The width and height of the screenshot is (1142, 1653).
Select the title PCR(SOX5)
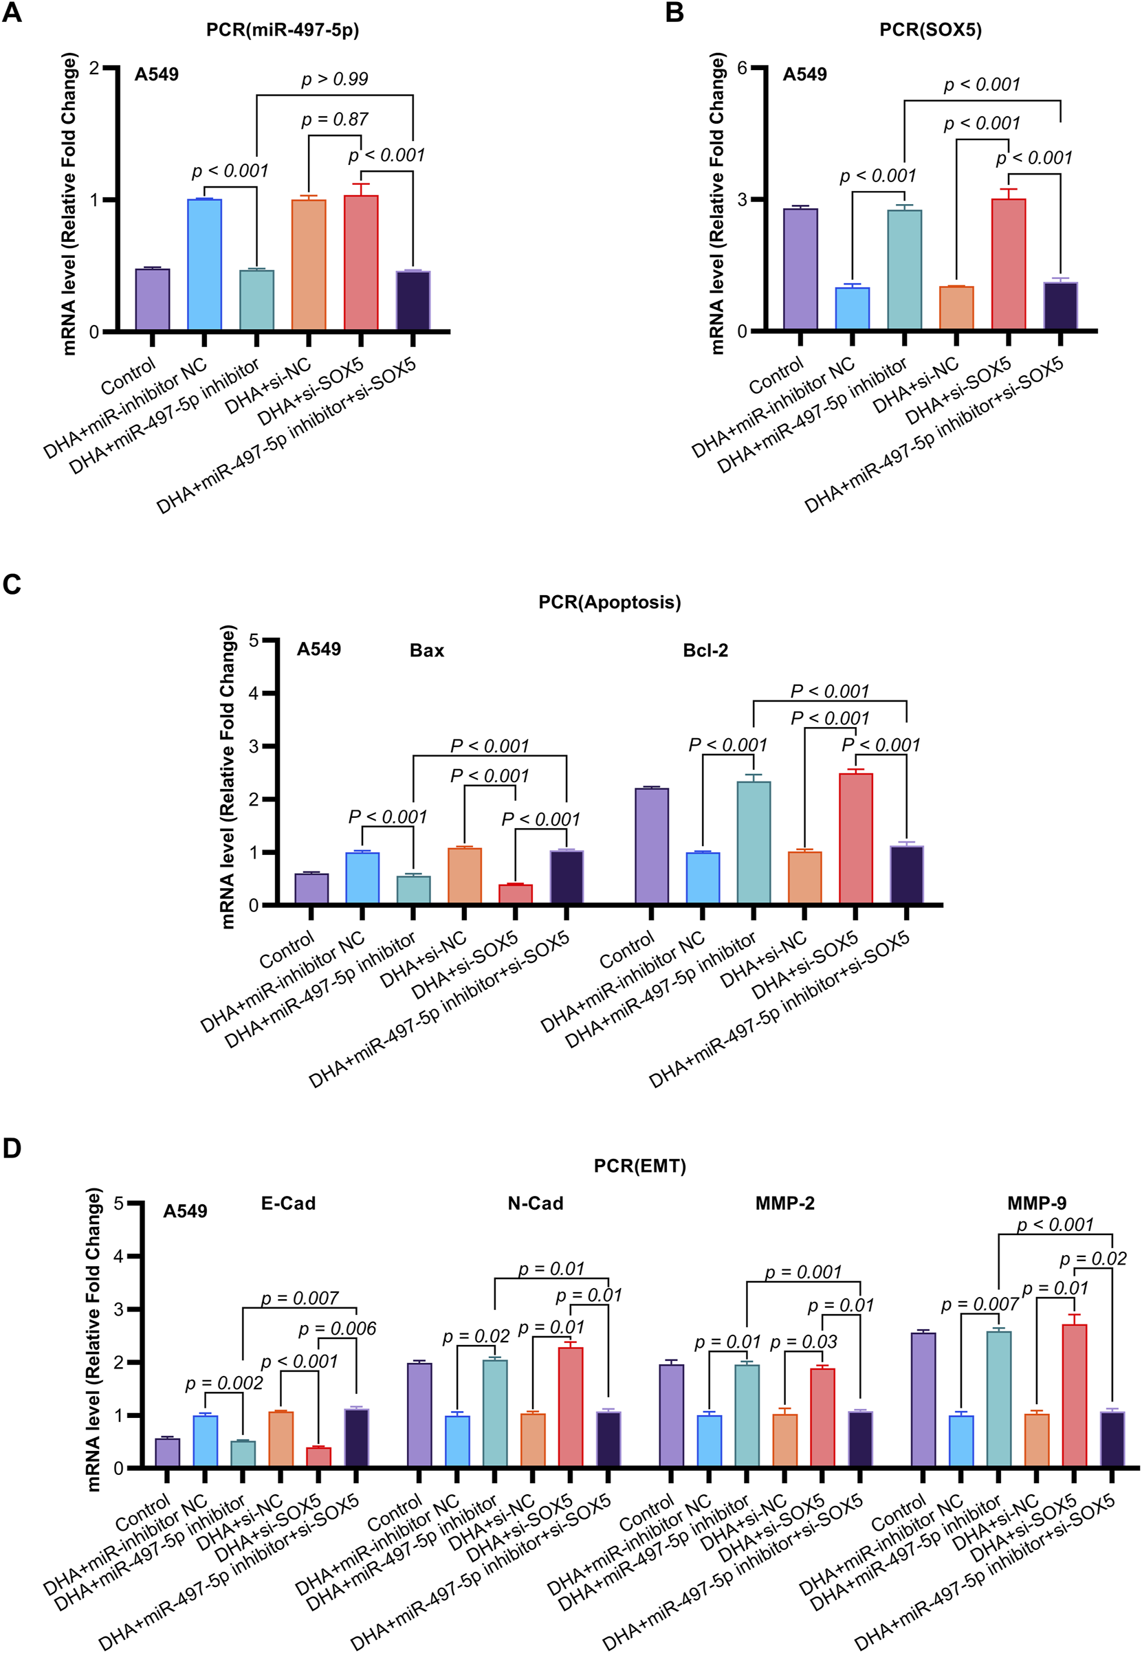[x=930, y=30]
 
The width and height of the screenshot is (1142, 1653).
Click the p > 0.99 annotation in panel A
[x=334, y=78]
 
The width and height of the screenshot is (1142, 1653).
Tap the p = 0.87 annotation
[x=334, y=120]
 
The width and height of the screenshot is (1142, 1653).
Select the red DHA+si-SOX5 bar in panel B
[x=1007, y=265]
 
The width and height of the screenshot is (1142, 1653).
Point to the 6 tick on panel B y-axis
[x=742, y=68]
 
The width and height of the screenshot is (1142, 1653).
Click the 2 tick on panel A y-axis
[x=94, y=68]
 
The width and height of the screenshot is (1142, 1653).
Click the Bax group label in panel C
[x=426, y=650]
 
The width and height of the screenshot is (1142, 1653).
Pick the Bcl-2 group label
[x=705, y=650]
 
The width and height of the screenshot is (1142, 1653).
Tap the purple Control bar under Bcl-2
[x=651, y=845]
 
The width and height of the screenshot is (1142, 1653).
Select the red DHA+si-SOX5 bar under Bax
[x=515, y=894]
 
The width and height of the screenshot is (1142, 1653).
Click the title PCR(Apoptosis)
[x=609, y=602]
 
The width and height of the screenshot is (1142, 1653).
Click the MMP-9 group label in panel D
[x=1036, y=1203]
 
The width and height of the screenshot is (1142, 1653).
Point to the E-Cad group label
[x=287, y=1203]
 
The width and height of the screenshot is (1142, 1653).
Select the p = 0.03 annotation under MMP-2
[x=803, y=1342]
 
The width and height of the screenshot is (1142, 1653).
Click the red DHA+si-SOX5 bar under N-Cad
[x=569, y=1406]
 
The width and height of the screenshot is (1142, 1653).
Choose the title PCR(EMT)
[x=639, y=1166]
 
